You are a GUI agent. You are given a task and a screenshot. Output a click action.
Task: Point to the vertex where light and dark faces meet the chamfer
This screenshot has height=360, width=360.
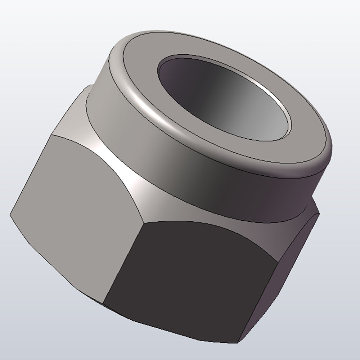pos(143,221)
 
